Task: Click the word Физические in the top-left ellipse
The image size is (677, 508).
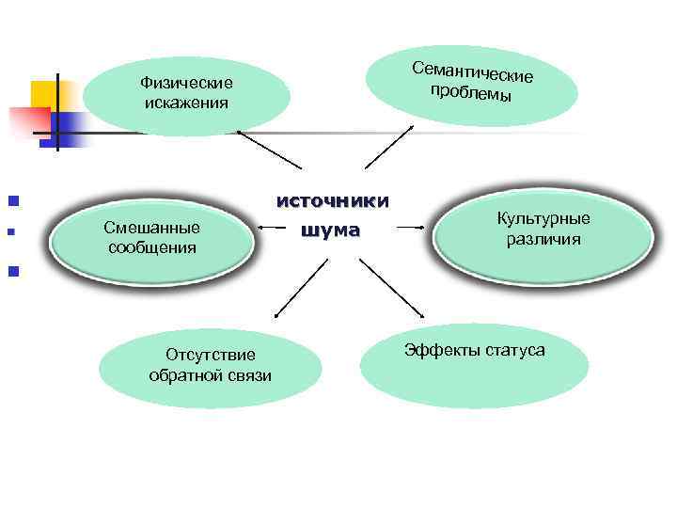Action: point(185,83)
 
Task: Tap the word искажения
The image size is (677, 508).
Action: point(185,102)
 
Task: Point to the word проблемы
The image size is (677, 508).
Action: point(470,93)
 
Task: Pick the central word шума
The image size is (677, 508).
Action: point(330,230)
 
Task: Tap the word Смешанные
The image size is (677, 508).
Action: point(151,228)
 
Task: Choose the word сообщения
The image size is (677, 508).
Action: point(151,247)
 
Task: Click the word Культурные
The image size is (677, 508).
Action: point(543,219)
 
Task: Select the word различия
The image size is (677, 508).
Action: point(543,239)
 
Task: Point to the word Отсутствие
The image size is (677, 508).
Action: point(210,356)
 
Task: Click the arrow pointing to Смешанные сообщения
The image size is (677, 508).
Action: point(273,228)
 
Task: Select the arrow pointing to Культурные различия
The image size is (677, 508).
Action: point(412,227)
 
